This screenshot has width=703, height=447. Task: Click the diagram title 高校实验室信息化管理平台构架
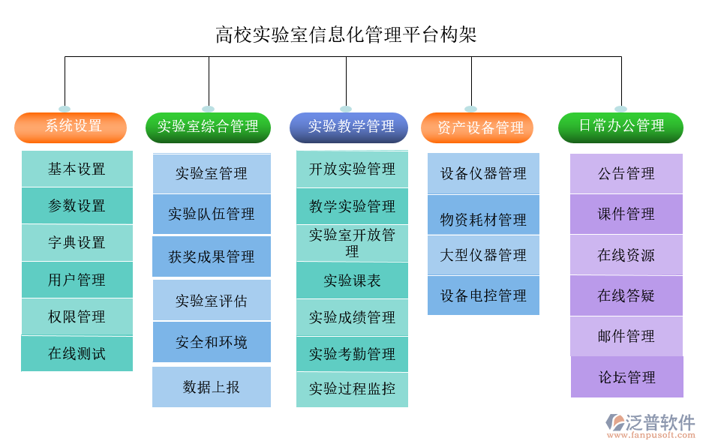[346, 34]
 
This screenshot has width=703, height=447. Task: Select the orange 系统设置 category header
[71, 127]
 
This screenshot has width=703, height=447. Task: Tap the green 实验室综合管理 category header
[208, 127]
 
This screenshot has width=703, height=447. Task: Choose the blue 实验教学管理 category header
[349, 127]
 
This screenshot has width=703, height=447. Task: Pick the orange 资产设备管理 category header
[477, 127]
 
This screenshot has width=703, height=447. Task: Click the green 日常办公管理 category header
[620, 127]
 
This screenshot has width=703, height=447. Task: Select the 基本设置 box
[77, 169]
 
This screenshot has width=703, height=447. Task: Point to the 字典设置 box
[77, 242]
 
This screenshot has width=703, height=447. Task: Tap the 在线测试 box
[77, 353]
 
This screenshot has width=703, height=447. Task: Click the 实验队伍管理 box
[212, 214]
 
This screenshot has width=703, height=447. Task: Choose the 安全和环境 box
[212, 342]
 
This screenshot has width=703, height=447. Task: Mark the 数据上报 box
[212, 387]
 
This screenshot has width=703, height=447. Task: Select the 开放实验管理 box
[352, 169]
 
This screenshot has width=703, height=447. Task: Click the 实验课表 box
[352, 280]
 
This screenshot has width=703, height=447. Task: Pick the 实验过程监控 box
[352, 389]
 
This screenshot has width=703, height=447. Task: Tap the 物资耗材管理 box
[483, 220]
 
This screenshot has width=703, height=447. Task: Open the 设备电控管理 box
[483, 295]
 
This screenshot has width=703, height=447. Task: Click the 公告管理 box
[626, 173]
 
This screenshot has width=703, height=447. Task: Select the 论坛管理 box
[627, 377]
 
